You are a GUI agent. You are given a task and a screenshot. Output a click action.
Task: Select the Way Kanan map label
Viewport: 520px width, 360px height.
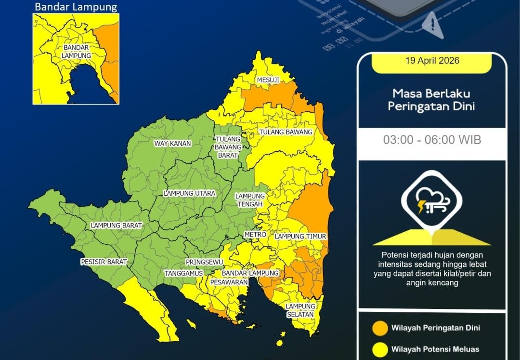(172, 144)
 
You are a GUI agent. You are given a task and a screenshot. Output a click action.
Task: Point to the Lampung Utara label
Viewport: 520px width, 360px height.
(190, 193)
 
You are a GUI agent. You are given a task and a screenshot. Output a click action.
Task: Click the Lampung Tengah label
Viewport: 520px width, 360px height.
(250, 200)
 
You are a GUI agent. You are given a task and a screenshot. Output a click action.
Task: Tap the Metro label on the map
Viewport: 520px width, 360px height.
(255, 235)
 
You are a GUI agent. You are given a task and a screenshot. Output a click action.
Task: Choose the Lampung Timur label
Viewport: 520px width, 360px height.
(300, 237)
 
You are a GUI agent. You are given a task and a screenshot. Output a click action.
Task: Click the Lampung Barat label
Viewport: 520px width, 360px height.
(117, 226)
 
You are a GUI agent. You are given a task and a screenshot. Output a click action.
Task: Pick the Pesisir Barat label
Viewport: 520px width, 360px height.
(104, 262)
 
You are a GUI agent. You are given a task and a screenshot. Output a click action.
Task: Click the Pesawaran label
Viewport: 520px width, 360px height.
(229, 282)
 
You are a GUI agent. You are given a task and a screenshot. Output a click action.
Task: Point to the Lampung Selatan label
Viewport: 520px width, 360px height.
(300, 310)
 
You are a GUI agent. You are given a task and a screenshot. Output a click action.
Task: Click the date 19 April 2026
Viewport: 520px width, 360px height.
(432, 61)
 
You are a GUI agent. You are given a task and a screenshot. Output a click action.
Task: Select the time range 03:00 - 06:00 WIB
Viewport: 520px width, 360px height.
(432, 140)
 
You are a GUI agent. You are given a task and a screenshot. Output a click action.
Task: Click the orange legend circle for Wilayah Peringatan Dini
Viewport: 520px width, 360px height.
(380, 328)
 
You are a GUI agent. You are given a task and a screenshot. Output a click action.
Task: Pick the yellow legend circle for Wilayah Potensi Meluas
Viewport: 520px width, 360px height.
(380, 349)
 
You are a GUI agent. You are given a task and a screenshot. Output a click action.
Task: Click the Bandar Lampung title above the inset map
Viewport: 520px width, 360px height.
(76, 7)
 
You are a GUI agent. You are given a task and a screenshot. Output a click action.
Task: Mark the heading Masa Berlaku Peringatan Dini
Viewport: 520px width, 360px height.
(431, 100)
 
